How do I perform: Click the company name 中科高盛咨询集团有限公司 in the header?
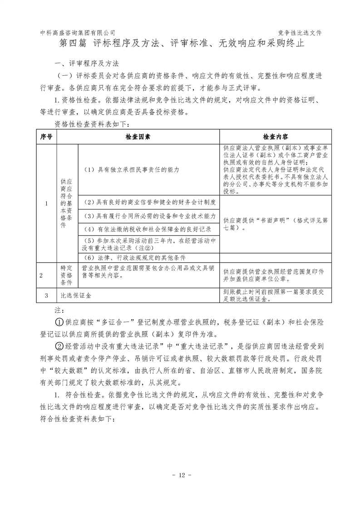78,33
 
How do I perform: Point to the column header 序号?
47,136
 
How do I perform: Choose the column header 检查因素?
138,136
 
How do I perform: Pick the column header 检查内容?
276,136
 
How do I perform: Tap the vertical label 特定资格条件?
67,275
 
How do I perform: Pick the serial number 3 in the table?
47,295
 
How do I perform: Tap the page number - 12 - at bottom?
180,475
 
